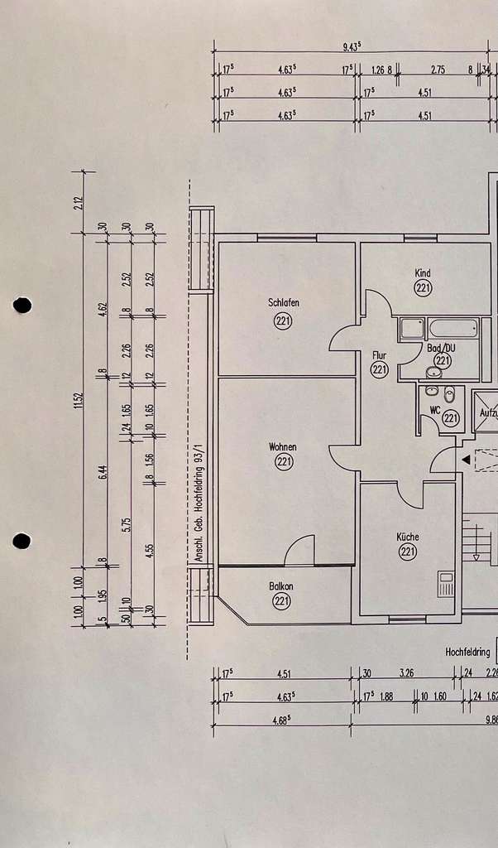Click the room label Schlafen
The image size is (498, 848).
click(284, 302)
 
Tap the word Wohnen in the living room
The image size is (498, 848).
click(283, 447)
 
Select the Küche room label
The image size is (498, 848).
click(407, 537)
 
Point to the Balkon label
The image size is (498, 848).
click(281, 586)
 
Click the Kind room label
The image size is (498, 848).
click(423, 273)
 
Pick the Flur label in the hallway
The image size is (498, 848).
click(380, 354)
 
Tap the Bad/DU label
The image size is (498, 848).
click(443, 348)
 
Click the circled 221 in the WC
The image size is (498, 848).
click(451, 419)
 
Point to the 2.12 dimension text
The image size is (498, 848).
click(79, 201)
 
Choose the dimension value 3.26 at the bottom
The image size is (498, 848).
click(407, 673)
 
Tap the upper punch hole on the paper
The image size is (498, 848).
click(22, 305)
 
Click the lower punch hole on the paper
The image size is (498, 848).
click(22, 541)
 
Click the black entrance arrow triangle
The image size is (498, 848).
click(466, 459)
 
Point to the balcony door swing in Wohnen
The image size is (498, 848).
click(300, 551)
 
